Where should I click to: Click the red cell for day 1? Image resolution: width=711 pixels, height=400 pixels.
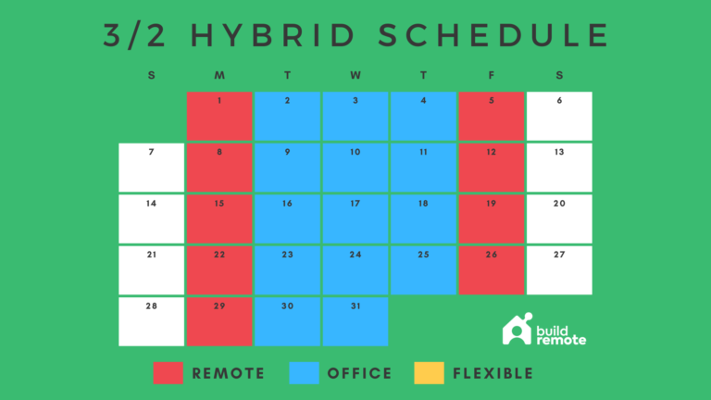pos(219,116)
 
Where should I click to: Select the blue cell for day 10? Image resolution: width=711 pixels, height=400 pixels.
pos(355,167)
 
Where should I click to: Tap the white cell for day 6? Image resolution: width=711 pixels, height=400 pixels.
pos(559,116)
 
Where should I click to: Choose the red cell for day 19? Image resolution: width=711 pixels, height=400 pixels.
pos(491,219)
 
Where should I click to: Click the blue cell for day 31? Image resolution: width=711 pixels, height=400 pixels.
pos(355,321)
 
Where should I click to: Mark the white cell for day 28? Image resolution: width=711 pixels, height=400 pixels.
pos(151,321)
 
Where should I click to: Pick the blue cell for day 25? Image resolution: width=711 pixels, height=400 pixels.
pos(423,269)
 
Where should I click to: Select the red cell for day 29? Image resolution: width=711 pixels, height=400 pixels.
pos(219,321)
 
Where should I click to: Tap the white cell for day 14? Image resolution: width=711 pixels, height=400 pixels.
pos(151,219)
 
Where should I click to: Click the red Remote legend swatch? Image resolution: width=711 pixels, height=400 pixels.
pos(168,373)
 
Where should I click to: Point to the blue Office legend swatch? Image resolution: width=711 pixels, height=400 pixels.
pos(304,373)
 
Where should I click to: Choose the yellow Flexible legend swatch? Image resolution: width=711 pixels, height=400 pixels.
pos(428,373)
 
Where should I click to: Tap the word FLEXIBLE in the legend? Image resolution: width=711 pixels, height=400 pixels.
pos(493,374)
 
